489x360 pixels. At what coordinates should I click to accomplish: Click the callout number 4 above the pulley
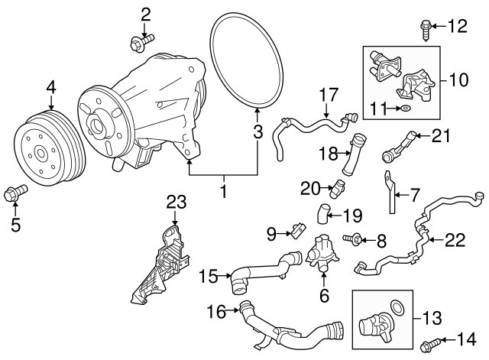[50, 89]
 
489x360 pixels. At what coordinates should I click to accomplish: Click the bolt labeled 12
[426, 30]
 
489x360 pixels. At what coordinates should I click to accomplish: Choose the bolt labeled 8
[356, 241]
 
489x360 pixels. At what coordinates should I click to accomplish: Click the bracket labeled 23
[164, 262]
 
